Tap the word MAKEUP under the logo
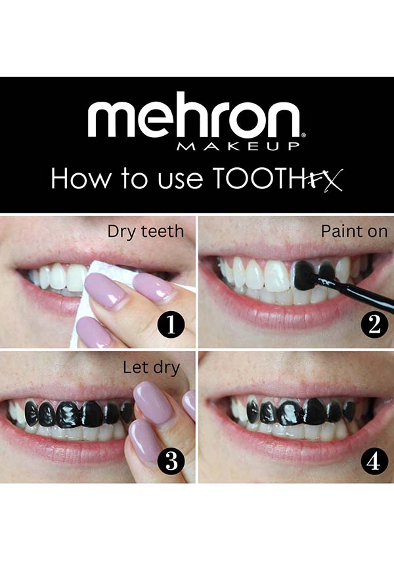click(x=238, y=146)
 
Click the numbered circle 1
click(x=171, y=325)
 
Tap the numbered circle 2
click(x=374, y=325)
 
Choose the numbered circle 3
click(x=171, y=461)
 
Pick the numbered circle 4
click(x=374, y=461)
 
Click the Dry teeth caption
click(x=145, y=231)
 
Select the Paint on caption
click(x=354, y=231)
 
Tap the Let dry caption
click(x=151, y=368)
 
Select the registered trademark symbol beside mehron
click(x=303, y=135)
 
